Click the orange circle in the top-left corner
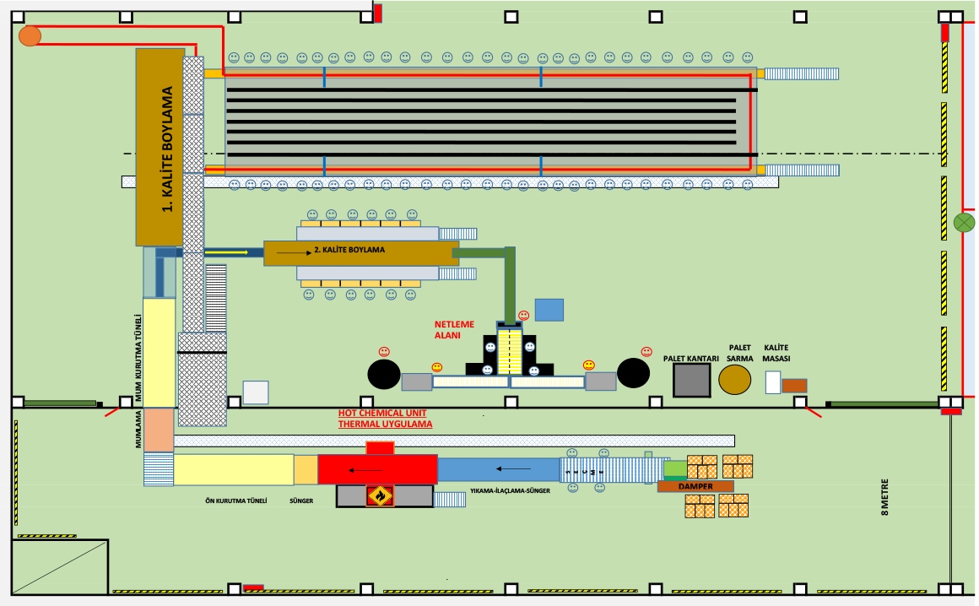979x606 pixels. pyautogui.click(x=30, y=35)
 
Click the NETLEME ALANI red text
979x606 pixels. pyautogui.click(x=454, y=328)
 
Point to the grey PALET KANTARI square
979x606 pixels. pyautogui.click(x=691, y=380)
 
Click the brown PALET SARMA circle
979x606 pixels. pyautogui.click(x=735, y=380)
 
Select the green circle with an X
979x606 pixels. pyautogui.click(x=963, y=223)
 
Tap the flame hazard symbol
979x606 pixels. pyautogui.click(x=381, y=495)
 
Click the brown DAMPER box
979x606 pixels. pyautogui.click(x=695, y=486)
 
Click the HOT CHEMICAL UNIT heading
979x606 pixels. pyautogui.click(x=382, y=413)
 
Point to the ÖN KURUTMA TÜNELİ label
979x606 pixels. pyautogui.click(x=236, y=500)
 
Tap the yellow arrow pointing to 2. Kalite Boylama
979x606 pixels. pyautogui.click(x=226, y=252)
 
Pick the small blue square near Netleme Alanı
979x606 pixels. pyautogui.click(x=549, y=310)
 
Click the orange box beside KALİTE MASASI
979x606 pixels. pyautogui.click(x=794, y=385)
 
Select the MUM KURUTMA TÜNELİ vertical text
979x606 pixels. pyautogui.click(x=138, y=358)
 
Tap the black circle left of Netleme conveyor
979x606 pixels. pyautogui.click(x=384, y=373)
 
